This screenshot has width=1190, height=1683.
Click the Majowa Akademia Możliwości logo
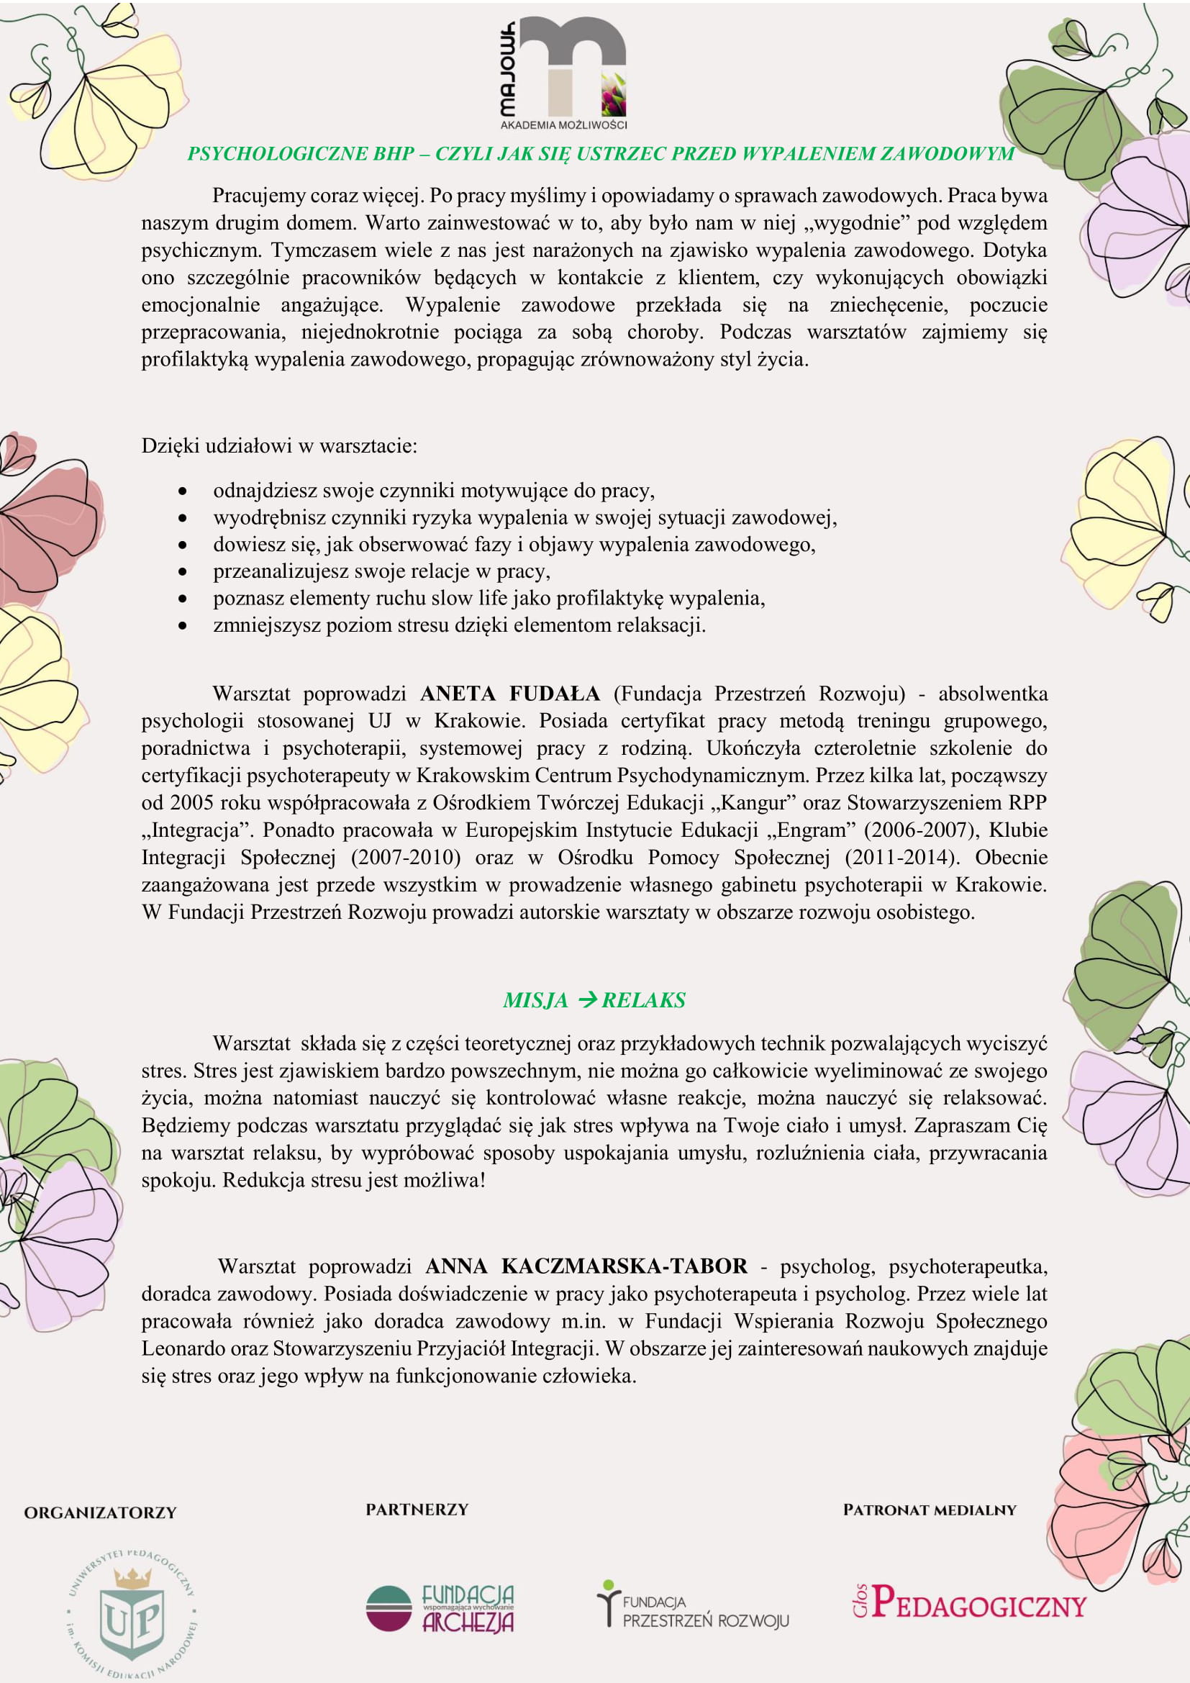(563, 73)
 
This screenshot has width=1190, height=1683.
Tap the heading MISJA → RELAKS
(594, 1000)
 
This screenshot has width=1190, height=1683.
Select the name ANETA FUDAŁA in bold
(510, 694)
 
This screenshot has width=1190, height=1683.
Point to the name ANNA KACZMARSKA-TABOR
(586, 1266)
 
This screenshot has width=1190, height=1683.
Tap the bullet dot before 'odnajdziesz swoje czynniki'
(183, 491)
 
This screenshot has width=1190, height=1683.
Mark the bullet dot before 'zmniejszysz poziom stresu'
(183, 626)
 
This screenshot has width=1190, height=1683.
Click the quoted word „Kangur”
(754, 803)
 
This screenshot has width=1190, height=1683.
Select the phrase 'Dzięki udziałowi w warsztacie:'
(279, 445)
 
